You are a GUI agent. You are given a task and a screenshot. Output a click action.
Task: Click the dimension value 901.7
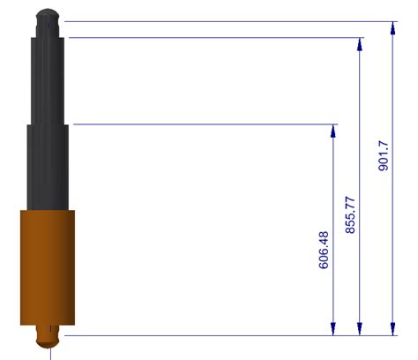pyautogui.click(x=384, y=156)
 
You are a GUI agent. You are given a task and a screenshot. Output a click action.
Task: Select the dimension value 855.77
pyautogui.click(x=350, y=215)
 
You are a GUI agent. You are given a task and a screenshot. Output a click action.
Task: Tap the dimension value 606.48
pyautogui.click(x=324, y=250)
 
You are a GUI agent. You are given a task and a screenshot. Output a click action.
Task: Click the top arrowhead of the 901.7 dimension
pyautogui.click(x=392, y=28)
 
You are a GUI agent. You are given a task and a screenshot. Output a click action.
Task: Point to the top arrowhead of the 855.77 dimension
pyautogui.click(x=360, y=44)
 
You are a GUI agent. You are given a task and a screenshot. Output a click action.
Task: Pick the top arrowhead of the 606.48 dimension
pyautogui.click(x=333, y=131)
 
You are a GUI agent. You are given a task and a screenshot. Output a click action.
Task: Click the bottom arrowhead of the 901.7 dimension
pyautogui.click(x=392, y=329)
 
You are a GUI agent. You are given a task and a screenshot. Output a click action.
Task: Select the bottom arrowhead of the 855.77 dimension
pyautogui.click(x=360, y=329)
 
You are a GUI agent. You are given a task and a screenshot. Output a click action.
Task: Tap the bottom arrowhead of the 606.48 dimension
pyautogui.click(x=333, y=329)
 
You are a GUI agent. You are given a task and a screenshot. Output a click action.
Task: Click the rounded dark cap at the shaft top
pyautogui.click(x=48, y=18)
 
